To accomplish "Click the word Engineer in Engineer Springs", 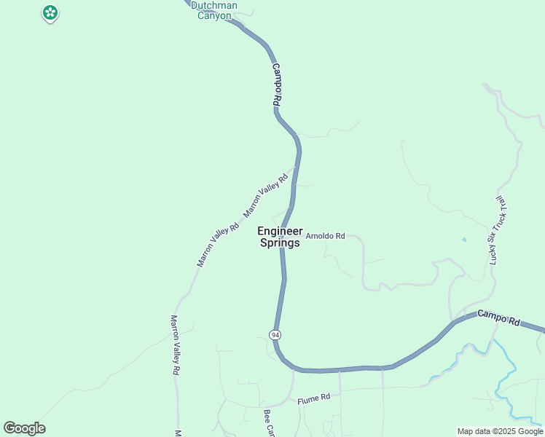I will point(280,231).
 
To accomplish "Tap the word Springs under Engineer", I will point(280,243).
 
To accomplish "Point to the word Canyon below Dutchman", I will point(215,15).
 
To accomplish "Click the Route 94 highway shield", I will point(275,334).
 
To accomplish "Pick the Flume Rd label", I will point(314,398).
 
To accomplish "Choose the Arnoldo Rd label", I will point(324,236).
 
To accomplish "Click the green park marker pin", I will point(50,12).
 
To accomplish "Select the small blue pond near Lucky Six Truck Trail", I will point(464,240).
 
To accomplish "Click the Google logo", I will point(24,428).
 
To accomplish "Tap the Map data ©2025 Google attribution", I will point(500,431).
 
